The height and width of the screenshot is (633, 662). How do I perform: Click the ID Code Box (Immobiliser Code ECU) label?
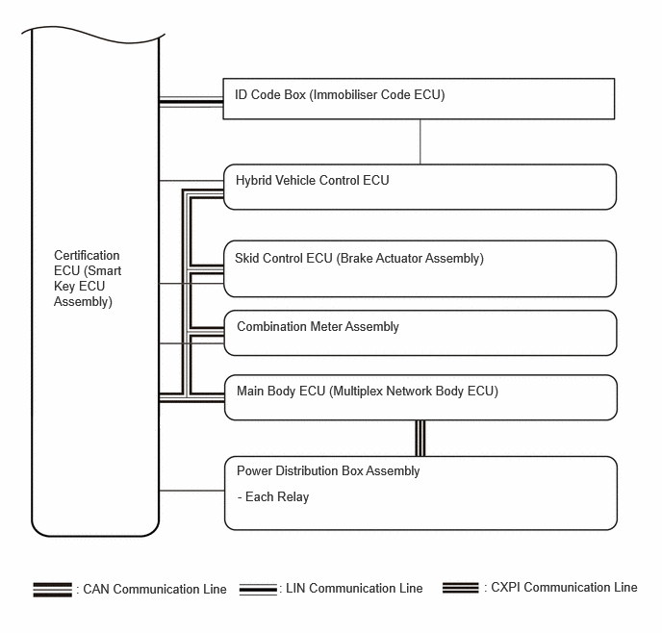tap(340, 95)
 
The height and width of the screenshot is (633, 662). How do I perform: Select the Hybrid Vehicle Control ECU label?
tap(313, 180)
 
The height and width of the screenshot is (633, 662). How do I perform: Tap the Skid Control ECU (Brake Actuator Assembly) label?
tap(359, 258)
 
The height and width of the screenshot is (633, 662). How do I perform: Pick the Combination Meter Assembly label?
tap(318, 326)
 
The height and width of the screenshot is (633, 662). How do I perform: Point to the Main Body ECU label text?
tap(368, 392)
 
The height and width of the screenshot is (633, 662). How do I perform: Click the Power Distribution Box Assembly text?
tap(328, 471)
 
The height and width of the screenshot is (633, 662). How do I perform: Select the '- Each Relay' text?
tap(272, 497)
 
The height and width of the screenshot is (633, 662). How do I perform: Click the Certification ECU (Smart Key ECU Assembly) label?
tap(88, 279)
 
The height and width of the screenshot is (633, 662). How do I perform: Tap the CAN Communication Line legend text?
tap(155, 589)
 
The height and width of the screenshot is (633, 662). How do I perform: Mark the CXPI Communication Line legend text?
tap(562, 587)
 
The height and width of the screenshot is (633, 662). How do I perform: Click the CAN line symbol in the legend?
tap(53, 589)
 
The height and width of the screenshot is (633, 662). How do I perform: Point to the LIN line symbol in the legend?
tap(258, 588)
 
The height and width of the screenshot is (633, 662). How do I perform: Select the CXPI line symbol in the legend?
tap(462, 587)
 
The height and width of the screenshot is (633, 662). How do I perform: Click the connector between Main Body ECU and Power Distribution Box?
tap(420, 438)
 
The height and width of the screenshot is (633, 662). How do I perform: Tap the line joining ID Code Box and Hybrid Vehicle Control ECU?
tap(420, 141)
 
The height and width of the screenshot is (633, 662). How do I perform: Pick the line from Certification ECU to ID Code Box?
tap(191, 100)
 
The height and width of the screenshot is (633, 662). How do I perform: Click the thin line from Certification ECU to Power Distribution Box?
tap(191, 491)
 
